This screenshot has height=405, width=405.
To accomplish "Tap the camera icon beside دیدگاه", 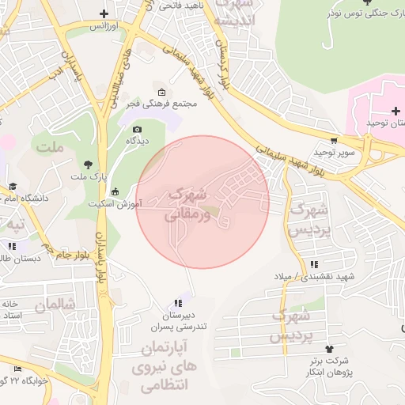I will pos(137,129).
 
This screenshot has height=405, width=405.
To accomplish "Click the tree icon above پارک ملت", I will pos(87,164).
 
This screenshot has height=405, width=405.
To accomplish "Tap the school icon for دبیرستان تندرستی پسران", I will pos(178,304).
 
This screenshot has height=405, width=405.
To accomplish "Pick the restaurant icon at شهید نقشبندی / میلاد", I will pos(315,265).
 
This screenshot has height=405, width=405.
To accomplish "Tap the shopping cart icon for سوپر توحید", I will pos(335,139).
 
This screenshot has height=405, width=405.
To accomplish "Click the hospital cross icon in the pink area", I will pos(396,111).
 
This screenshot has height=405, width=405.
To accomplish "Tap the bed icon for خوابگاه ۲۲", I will pos(18,369).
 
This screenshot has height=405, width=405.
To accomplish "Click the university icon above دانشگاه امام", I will pos(13,187).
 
